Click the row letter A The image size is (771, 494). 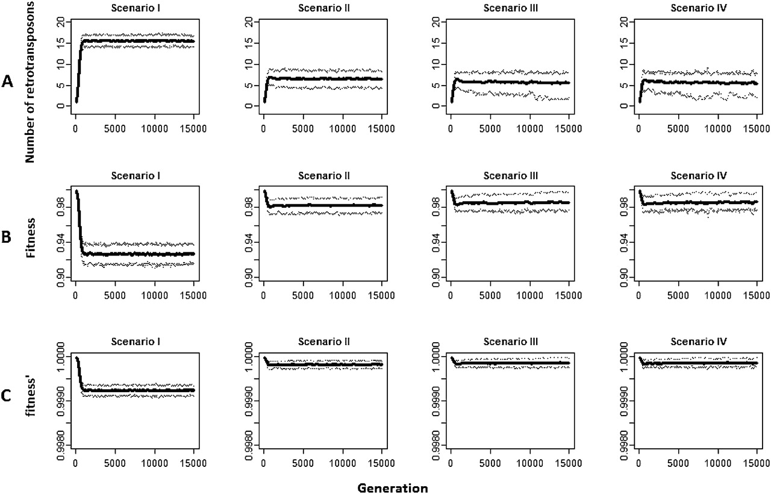pyautogui.click(x=7, y=82)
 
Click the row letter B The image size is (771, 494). pyautogui.click(x=7, y=237)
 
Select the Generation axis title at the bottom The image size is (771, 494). pyautogui.click(x=392, y=487)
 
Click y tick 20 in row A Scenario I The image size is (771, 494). pyautogui.click(x=60, y=22)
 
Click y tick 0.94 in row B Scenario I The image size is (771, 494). pyautogui.click(x=60, y=242)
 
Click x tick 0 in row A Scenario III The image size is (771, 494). pyautogui.click(x=451, y=128)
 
